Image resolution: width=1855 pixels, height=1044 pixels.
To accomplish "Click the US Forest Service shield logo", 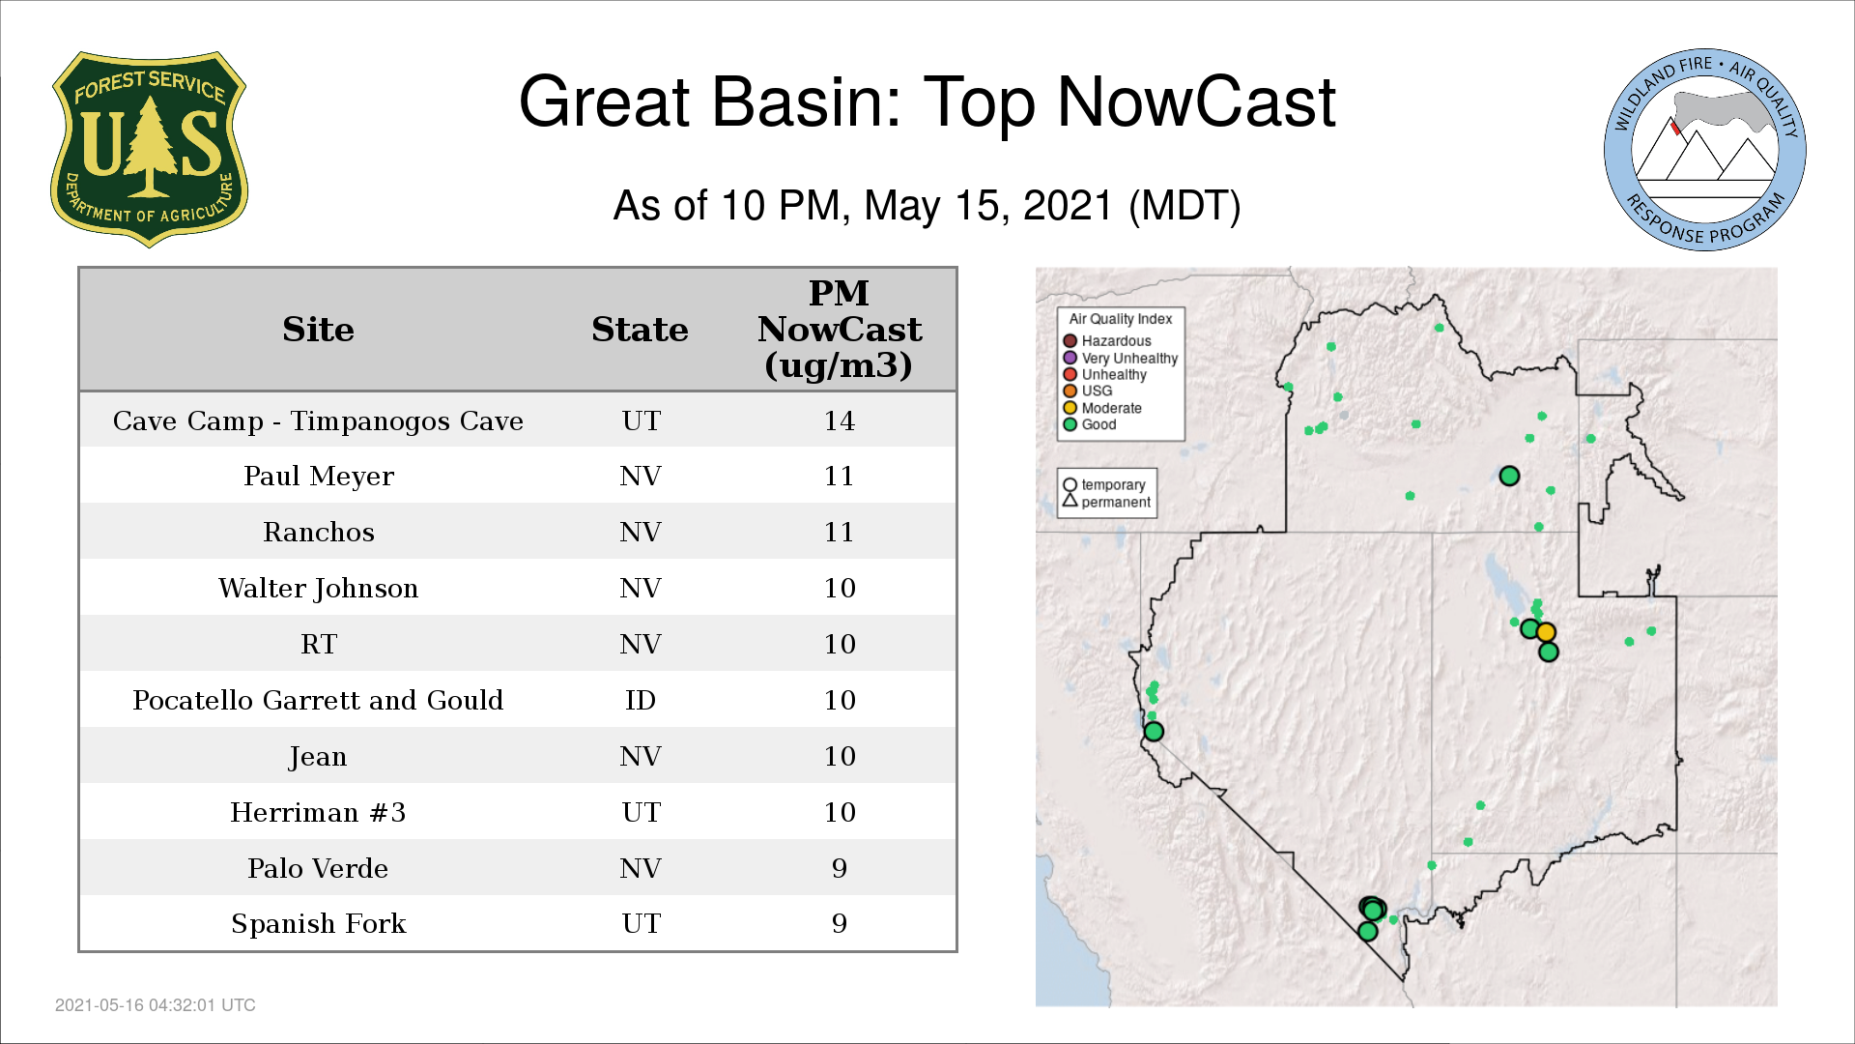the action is tap(149, 150).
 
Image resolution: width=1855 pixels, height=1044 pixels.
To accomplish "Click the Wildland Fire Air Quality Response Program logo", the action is tap(1705, 150).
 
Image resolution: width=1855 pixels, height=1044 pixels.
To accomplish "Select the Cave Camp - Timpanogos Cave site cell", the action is tap(318, 421).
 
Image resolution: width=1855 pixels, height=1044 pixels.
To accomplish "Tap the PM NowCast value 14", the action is tap(840, 421).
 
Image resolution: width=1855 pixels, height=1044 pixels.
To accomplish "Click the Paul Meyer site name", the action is tap(319, 477).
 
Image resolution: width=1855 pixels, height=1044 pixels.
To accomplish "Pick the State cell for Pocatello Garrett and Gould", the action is tap(641, 701).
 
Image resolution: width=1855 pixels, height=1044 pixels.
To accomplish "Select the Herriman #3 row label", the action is tap(318, 813).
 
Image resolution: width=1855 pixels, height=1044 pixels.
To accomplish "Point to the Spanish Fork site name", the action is tap(319, 924).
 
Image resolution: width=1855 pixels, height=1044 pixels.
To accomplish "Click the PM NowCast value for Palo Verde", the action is tap(840, 869).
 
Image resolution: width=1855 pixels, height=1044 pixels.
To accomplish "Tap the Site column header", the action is tap(318, 330).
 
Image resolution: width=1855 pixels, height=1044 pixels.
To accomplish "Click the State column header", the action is tap(641, 330).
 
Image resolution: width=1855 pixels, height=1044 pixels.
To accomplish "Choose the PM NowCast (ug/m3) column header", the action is tap(840, 330).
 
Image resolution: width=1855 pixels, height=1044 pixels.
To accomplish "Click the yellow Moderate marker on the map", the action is tap(1546, 632).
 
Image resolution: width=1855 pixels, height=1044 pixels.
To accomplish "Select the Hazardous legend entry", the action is tap(1107, 341).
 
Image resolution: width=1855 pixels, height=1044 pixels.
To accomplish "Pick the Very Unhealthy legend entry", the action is tap(1121, 358).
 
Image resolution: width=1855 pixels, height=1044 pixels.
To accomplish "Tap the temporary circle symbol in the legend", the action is tap(1070, 484).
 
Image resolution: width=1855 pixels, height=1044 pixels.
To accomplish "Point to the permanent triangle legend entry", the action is tap(1106, 502).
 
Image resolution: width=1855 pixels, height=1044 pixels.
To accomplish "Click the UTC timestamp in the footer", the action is tap(156, 1005).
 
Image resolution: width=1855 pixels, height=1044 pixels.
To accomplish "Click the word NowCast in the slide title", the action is tap(1196, 101).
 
